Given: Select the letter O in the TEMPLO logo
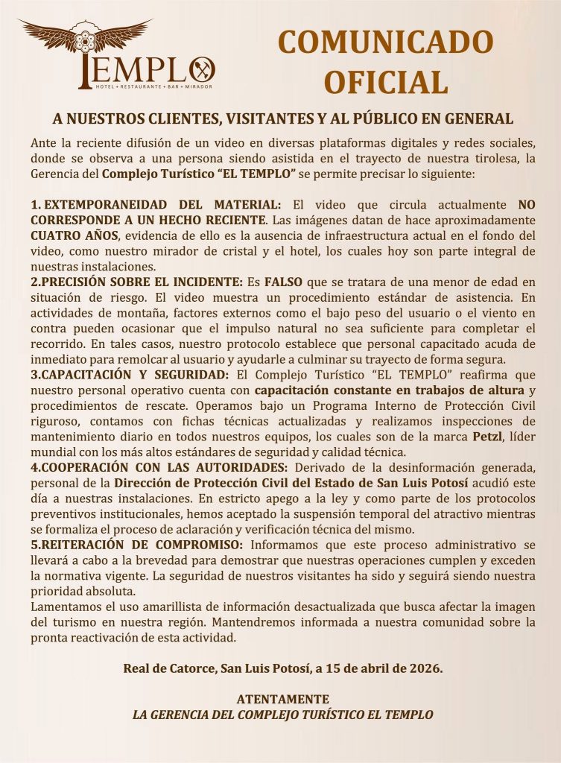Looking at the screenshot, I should (202, 71).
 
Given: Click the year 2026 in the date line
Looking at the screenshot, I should (425, 668).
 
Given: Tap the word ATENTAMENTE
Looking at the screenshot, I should (282, 699).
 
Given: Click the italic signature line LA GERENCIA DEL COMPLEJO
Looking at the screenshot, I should (282, 714).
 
